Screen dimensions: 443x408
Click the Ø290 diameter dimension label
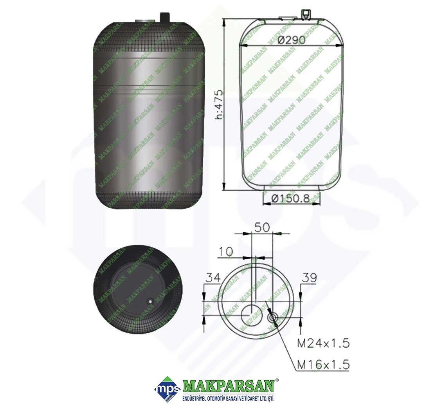(292, 40)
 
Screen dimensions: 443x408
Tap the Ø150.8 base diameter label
(291, 199)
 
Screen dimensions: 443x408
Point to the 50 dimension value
(262, 227)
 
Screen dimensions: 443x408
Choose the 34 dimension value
(213, 278)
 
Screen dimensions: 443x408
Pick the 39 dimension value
(310, 278)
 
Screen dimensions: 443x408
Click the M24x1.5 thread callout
(323, 343)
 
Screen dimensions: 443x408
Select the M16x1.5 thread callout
(323, 365)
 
